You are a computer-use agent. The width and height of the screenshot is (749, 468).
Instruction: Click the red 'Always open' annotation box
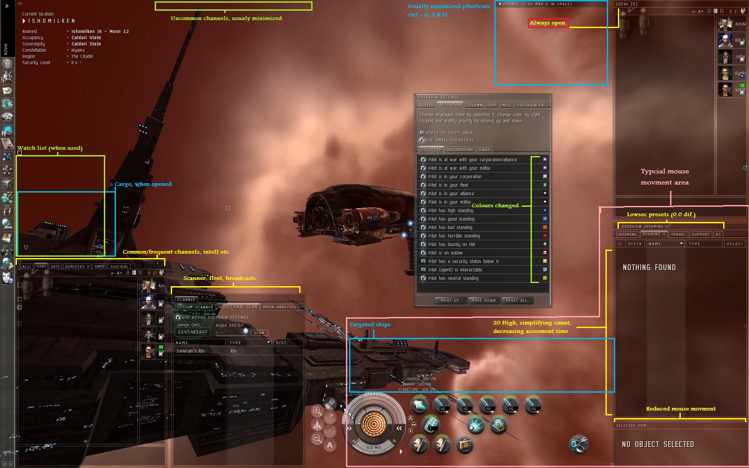point(548,23)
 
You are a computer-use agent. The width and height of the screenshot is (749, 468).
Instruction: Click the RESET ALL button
point(516,300)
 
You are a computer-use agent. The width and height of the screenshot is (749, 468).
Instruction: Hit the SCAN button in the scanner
point(259,333)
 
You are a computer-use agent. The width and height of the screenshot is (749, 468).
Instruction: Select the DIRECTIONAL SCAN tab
point(239,307)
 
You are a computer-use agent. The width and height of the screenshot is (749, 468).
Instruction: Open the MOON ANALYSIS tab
point(279,307)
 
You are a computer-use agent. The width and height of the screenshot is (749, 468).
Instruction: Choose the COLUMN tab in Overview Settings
point(474,105)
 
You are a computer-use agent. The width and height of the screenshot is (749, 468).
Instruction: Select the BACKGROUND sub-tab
point(460,150)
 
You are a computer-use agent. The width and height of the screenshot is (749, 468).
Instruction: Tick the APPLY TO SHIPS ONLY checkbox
point(422,133)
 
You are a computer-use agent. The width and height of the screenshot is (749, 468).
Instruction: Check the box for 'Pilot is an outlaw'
point(423,253)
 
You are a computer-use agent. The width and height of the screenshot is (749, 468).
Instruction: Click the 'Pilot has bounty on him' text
point(451,244)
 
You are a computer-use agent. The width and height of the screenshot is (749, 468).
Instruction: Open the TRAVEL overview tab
point(678,234)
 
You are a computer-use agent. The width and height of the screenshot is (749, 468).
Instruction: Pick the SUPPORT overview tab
point(700,234)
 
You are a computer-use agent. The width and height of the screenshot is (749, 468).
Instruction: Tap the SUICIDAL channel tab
point(119,267)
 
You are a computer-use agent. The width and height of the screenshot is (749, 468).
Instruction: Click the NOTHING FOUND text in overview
point(649,267)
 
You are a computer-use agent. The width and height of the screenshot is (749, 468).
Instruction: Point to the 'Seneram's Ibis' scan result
point(191,351)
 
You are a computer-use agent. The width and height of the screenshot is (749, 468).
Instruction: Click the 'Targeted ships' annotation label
point(370,324)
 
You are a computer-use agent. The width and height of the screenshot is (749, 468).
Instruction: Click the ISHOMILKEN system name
point(52,21)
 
